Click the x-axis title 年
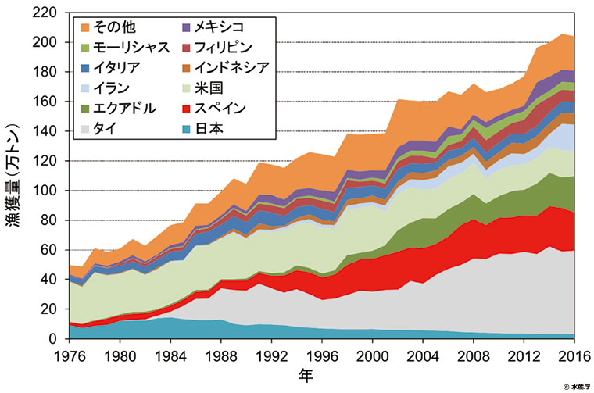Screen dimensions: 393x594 point(310,377)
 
